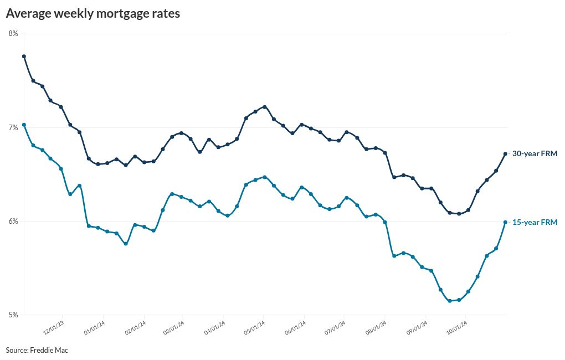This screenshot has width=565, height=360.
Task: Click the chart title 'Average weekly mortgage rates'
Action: coord(93,14)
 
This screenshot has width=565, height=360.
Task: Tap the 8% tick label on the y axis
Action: coord(13,34)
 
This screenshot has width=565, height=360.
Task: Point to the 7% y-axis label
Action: coord(13,127)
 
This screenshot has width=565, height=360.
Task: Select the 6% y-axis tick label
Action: coord(13,221)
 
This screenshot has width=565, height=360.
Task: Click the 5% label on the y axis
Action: coord(13,315)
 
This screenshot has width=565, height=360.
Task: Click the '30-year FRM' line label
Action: coord(534,153)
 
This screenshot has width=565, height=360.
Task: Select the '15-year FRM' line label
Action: coord(534,222)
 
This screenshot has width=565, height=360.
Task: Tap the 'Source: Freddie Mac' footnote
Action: coord(37,350)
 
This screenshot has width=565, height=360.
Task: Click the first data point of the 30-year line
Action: coord(24,56)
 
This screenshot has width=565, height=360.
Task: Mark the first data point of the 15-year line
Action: coord(24,125)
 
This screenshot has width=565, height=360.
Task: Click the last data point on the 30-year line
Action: coord(505,154)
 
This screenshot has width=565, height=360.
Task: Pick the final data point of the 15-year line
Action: coord(505,222)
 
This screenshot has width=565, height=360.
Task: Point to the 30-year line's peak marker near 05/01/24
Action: coord(265,106)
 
